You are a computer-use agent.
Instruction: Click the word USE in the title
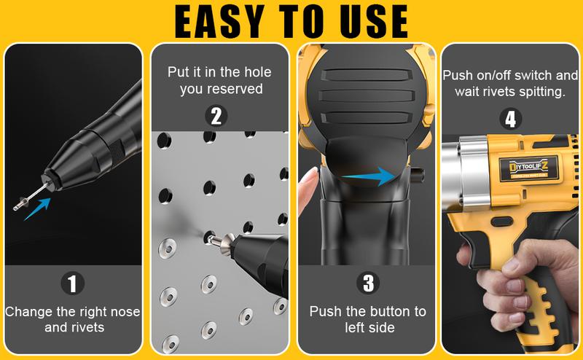point(371,21)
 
